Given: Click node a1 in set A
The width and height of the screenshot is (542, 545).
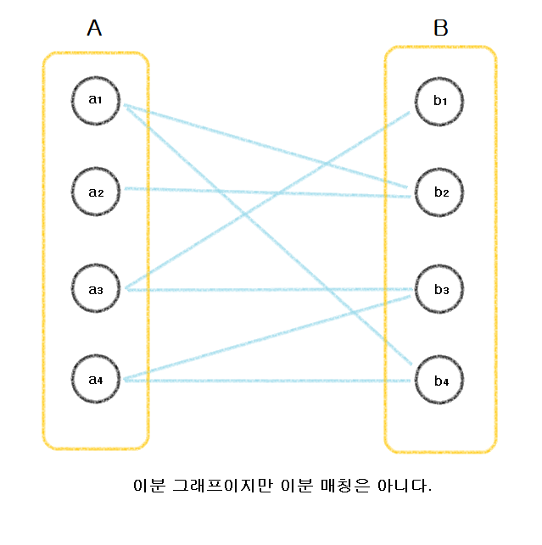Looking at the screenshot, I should pyautogui.click(x=96, y=100).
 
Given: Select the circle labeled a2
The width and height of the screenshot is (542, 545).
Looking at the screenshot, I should pyautogui.click(x=96, y=192).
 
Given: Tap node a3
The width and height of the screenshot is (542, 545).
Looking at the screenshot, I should pyautogui.click(x=96, y=290).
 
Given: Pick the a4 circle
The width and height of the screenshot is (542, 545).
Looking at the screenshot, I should pyautogui.click(x=96, y=379).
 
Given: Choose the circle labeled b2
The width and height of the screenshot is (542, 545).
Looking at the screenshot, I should pyautogui.click(x=440, y=192).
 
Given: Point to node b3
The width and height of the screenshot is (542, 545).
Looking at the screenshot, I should pyautogui.click(x=440, y=290).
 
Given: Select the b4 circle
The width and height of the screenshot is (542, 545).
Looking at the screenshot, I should pyautogui.click(x=440, y=381).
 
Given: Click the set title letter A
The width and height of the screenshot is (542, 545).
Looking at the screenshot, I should pyautogui.click(x=94, y=29).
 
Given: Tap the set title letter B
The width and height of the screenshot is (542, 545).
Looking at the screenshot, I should pyautogui.click(x=440, y=29).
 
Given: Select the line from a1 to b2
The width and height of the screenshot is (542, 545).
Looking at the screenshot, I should pyautogui.click(x=212, y=128).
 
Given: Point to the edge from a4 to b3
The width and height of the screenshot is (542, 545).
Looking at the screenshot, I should pyautogui.click(x=212, y=354).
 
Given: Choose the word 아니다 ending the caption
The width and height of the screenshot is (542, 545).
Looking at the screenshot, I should pyautogui.click(x=405, y=487).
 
